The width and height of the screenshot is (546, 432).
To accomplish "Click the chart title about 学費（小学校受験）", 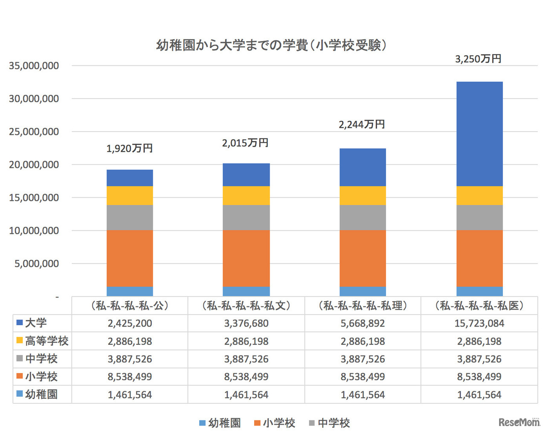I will [271, 45].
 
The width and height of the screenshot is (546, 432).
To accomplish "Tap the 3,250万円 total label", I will [478, 59].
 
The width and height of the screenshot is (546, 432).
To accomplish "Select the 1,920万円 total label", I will [129, 148].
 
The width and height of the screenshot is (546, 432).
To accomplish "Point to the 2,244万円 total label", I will [362, 124].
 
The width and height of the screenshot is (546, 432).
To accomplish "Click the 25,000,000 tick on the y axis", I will [34, 132].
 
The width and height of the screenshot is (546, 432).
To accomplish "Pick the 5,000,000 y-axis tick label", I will [37, 264].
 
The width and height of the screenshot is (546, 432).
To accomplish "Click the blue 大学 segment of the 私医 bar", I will [479, 134].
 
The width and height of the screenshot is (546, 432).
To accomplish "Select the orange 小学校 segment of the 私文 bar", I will [246, 259].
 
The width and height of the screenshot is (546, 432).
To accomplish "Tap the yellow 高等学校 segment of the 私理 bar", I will [363, 196].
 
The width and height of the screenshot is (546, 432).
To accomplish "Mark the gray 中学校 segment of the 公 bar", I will [130, 217].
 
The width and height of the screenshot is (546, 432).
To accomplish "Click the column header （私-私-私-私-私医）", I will [479, 306].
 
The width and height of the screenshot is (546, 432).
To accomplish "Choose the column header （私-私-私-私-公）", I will [130, 306].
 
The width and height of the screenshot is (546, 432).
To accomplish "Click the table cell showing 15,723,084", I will [479, 323].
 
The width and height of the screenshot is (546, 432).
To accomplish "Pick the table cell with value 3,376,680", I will [246, 323].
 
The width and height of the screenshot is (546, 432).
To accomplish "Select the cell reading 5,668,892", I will [363, 323].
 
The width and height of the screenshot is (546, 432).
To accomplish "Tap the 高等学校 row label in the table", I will [46, 341].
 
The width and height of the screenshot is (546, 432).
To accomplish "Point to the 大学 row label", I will [36, 323].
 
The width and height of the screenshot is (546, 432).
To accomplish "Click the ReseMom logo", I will [519, 422].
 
